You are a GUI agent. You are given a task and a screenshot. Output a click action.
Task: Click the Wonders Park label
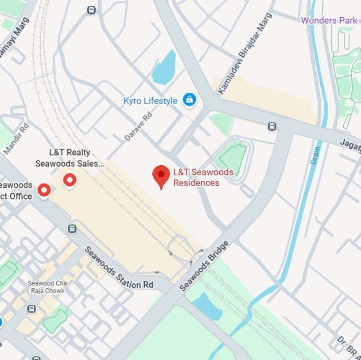point(329,20)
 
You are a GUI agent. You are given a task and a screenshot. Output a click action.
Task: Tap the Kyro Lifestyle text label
point(150,101)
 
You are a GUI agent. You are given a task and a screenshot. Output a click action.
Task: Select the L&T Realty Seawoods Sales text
point(70,157)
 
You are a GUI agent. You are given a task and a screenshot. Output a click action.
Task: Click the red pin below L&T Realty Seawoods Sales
point(70,180)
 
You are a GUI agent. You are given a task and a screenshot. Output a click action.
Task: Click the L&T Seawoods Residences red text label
point(196,177)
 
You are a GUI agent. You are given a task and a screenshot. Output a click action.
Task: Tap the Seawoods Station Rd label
point(118,267)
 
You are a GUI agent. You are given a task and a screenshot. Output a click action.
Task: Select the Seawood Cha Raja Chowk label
point(46,287)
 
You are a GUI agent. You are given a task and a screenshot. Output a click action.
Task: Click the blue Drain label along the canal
point(315,155)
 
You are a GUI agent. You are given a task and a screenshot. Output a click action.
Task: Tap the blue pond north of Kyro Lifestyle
point(164,68)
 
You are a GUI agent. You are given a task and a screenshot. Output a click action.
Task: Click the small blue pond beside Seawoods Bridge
point(207,305)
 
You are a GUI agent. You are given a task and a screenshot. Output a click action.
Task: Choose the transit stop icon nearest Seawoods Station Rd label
point(72,229)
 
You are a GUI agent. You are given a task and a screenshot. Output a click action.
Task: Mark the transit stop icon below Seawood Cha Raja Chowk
point(31,309)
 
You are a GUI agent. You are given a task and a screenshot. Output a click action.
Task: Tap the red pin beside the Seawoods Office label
point(43,190)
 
